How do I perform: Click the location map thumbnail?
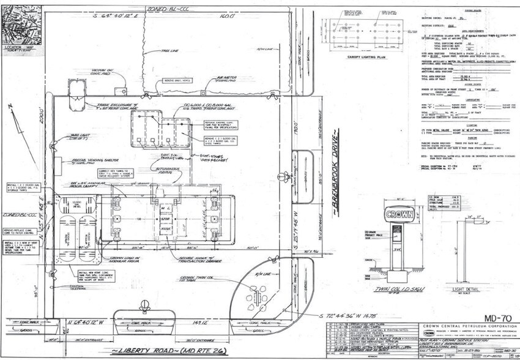tap(21, 24)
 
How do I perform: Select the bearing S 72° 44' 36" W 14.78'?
tap(361, 316)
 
